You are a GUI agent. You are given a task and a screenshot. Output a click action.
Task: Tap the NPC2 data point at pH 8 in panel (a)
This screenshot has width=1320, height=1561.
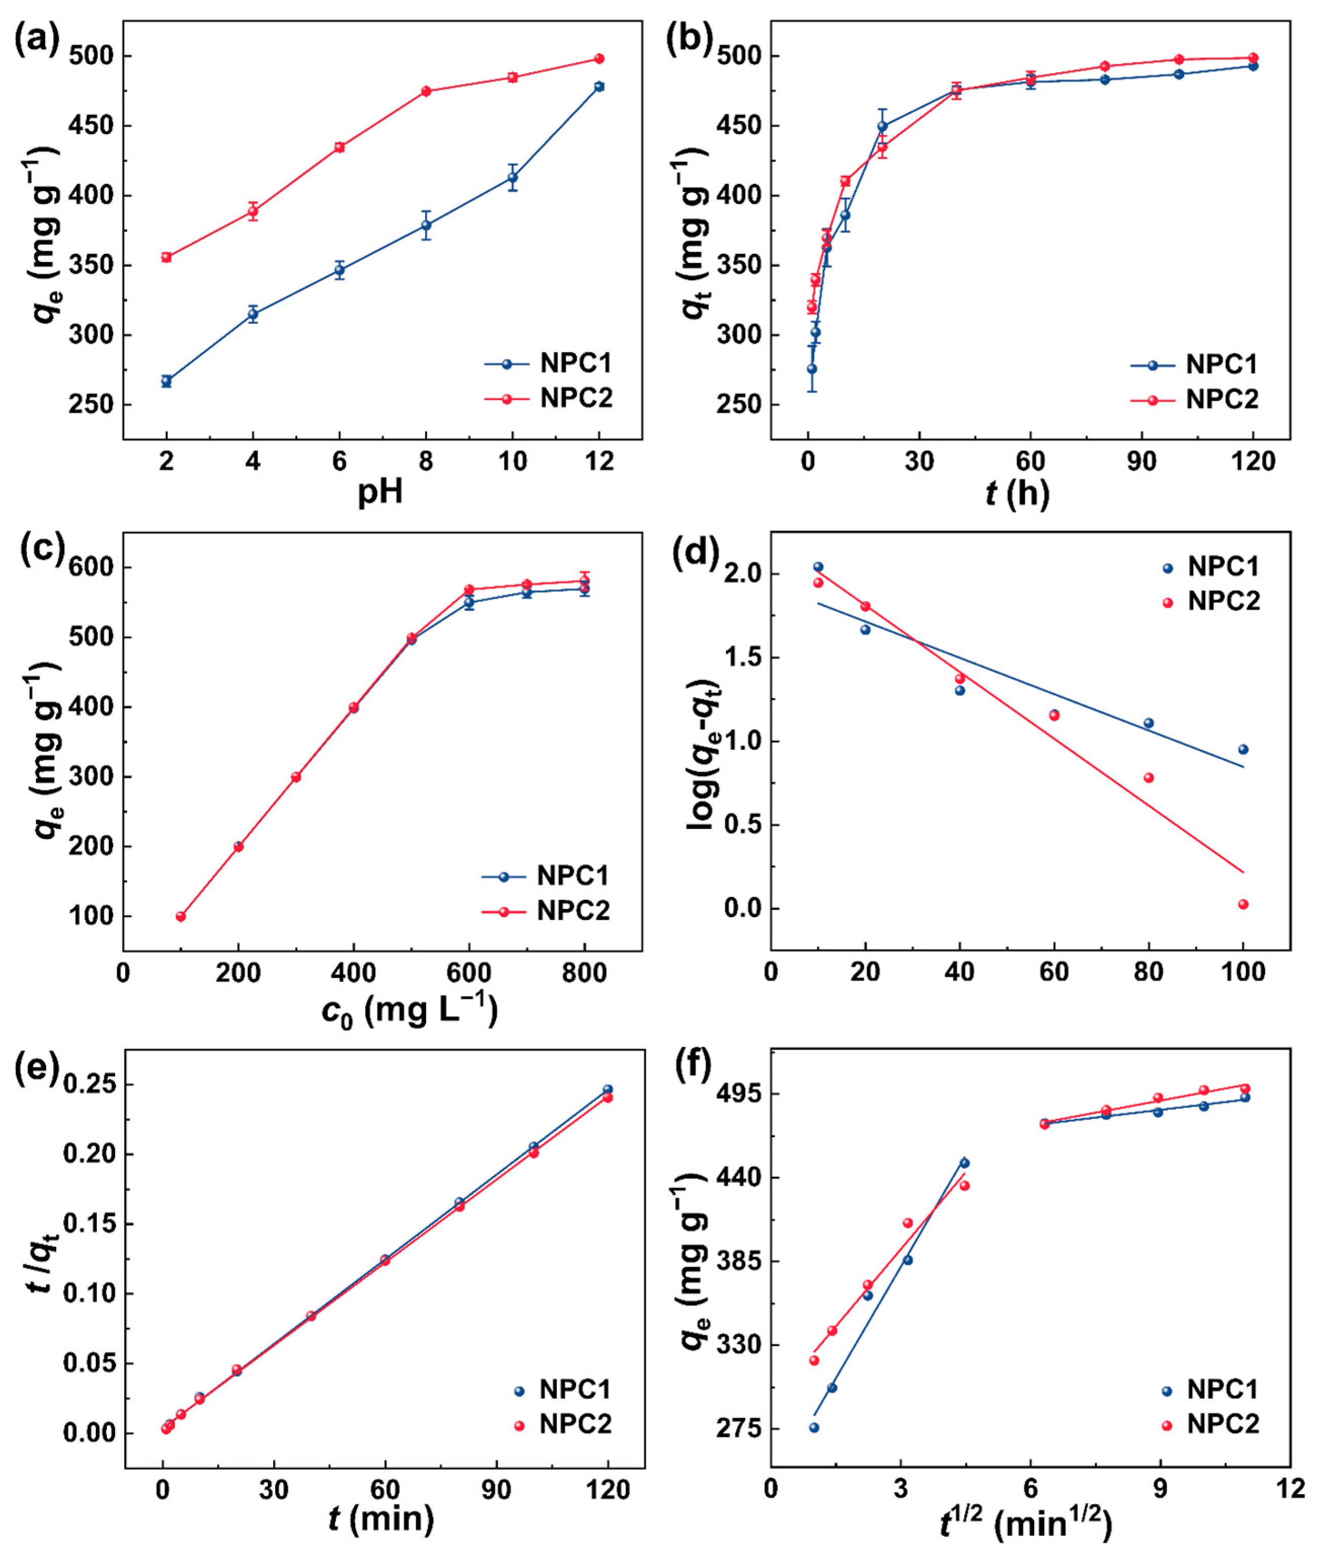click(x=426, y=91)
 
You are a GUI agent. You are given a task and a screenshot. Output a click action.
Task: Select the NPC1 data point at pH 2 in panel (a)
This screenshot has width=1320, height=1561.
click(x=166, y=381)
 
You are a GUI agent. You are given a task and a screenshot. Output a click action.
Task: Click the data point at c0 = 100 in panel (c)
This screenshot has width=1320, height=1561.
click(x=180, y=916)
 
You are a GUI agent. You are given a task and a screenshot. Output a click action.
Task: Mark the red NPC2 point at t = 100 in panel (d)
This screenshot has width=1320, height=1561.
click(x=1244, y=904)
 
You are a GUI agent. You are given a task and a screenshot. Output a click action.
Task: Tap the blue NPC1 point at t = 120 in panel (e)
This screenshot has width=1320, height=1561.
click(x=608, y=1089)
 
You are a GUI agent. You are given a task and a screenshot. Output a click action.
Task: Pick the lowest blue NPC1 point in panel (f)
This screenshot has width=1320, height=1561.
click(x=814, y=1427)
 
